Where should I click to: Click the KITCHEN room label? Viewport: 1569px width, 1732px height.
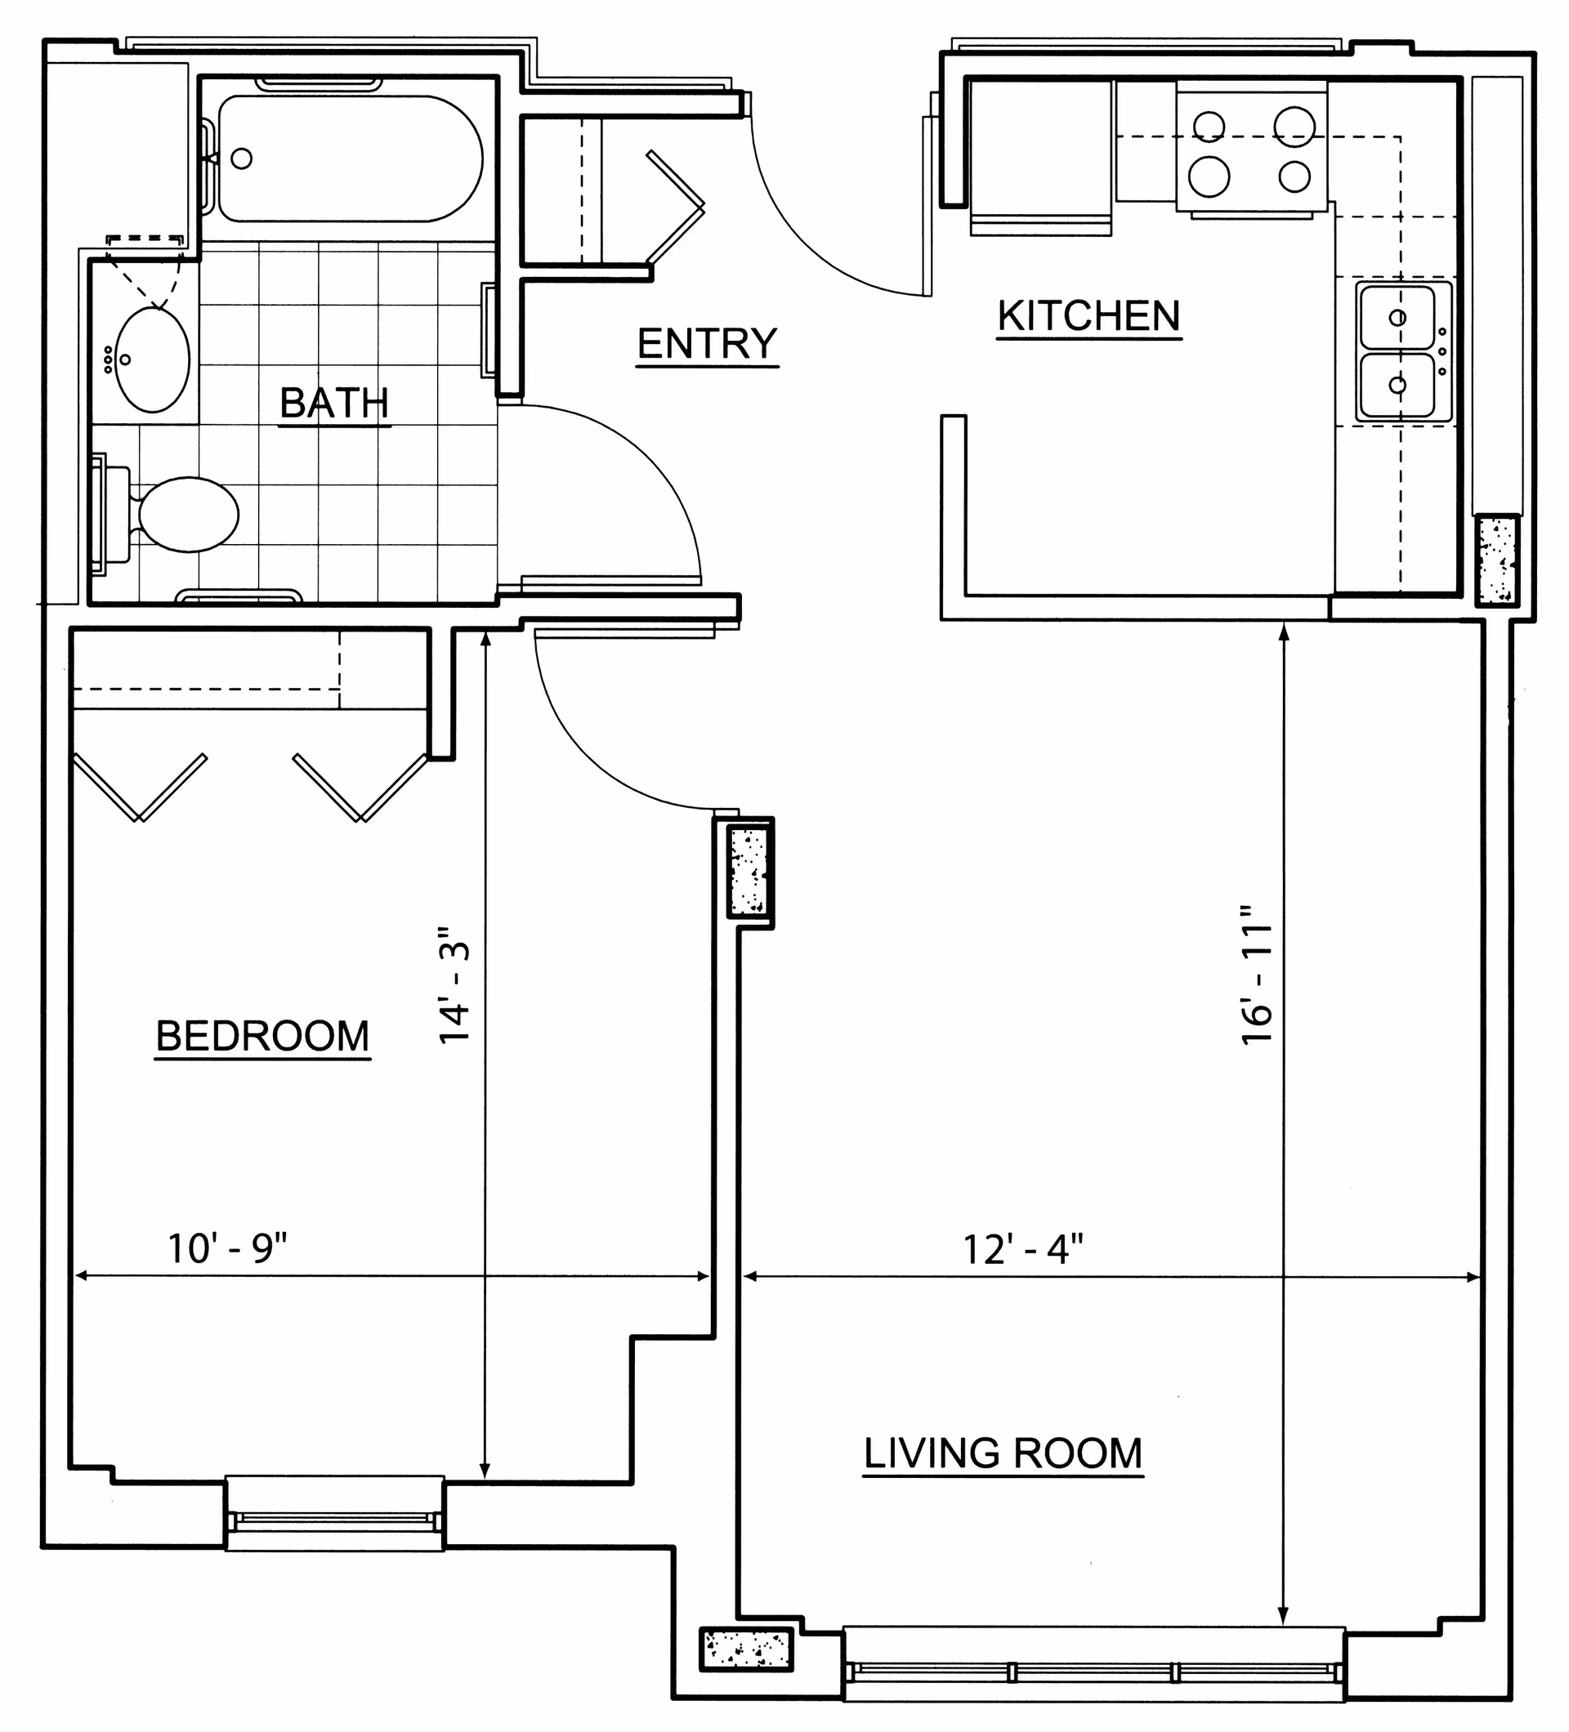click(1088, 316)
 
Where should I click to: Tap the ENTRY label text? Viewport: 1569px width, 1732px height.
click(706, 344)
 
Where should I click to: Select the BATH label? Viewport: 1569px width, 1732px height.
click(334, 403)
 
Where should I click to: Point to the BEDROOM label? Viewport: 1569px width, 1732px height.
click(262, 1036)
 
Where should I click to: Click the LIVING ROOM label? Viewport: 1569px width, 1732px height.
click(1003, 1454)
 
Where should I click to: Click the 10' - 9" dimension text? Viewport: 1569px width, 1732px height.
click(227, 1249)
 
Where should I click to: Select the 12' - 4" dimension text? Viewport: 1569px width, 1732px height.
click(1022, 1250)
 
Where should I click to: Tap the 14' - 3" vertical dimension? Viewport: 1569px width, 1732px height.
click(455, 985)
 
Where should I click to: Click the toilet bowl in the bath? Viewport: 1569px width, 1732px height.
click(188, 515)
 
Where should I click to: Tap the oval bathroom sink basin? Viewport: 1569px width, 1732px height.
click(152, 360)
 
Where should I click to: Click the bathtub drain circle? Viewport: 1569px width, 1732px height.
click(243, 158)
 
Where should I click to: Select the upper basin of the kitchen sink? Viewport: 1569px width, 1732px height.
click(1397, 317)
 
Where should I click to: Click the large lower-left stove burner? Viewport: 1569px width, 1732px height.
click(1208, 176)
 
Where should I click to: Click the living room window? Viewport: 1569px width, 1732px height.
click(1093, 1672)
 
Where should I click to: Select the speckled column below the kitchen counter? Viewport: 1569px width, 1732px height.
click(1496, 560)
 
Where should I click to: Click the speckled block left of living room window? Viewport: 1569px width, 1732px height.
click(746, 1649)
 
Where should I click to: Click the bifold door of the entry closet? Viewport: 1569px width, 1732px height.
click(675, 206)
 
